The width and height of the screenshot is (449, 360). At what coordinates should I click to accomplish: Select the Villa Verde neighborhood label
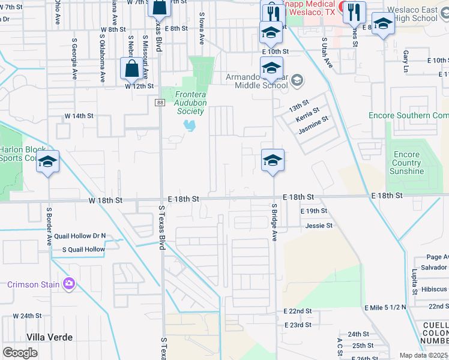click(49, 337)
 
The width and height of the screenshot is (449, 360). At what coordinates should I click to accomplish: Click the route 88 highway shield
click(160, 103)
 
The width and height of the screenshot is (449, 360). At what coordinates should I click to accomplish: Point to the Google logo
click(20, 353)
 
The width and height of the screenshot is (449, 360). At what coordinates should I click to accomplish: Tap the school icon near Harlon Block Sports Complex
click(47, 163)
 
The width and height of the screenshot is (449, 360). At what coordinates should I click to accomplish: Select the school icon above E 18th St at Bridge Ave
click(273, 160)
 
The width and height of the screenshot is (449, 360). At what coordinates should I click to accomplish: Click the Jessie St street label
click(319, 226)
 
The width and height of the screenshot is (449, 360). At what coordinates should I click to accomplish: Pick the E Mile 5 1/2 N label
click(385, 307)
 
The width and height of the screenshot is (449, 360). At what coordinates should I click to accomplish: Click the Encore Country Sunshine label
click(406, 163)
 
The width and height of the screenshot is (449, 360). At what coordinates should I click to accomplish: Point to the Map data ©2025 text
click(423, 355)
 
